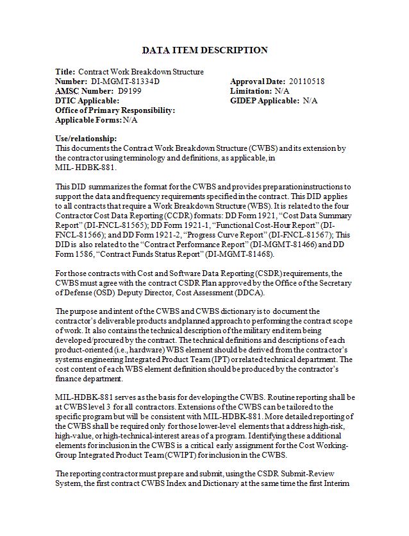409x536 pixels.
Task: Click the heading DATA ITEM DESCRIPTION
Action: tap(204, 50)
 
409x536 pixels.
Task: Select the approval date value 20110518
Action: tap(306, 82)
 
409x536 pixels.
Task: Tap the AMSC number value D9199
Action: tap(129, 91)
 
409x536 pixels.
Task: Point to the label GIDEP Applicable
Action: tap(265, 101)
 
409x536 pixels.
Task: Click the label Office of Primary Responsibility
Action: tap(115, 110)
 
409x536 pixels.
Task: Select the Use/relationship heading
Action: tap(86, 139)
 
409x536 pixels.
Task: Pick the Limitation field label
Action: tap(251, 91)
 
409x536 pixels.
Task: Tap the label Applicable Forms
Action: tap(88, 120)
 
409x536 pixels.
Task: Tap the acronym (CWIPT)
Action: tap(185, 455)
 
